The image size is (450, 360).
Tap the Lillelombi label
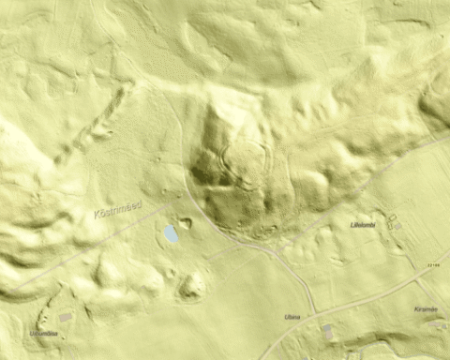tap(362, 225)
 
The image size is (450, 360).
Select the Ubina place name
tap(292, 317)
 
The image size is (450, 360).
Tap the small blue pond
tap(172, 233)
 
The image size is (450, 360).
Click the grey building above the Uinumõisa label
tap(65, 318)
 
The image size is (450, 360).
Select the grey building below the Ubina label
tap(327, 331)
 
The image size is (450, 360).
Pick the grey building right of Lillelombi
tap(397, 226)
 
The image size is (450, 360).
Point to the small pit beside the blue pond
tap(186, 223)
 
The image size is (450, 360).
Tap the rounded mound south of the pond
tap(192, 284)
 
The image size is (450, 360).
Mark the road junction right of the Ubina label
tap(316, 311)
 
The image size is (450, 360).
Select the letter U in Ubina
tap(286, 317)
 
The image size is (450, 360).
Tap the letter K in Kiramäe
tap(414, 309)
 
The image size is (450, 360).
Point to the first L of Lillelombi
tap(352, 225)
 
